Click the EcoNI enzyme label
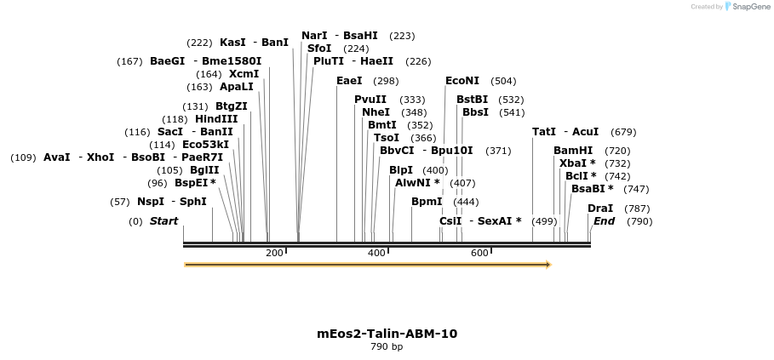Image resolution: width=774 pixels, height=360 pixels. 462,81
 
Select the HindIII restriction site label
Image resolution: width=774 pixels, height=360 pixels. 216,119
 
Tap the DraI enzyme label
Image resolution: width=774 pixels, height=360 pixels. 599,209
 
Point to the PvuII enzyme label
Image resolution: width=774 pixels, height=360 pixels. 370,100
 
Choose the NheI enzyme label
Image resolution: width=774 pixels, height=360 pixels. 376,112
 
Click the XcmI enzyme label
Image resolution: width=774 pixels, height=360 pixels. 244,74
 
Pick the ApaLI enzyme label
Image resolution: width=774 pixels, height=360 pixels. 237,87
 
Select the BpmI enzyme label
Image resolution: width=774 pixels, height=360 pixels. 427,202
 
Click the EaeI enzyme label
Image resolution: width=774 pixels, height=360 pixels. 349,81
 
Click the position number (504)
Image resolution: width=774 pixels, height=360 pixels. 503,81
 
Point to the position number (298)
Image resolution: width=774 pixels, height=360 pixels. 386,81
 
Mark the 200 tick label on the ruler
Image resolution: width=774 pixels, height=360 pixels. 274,253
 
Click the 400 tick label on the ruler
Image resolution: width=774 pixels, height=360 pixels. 376,253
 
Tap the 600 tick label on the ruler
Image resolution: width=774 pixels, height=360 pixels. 479,253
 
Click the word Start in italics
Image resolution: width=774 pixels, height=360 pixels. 164,221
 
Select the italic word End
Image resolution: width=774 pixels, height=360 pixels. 604,221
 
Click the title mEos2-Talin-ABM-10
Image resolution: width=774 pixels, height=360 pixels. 387,334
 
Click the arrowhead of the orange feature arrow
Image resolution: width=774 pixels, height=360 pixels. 548,265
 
